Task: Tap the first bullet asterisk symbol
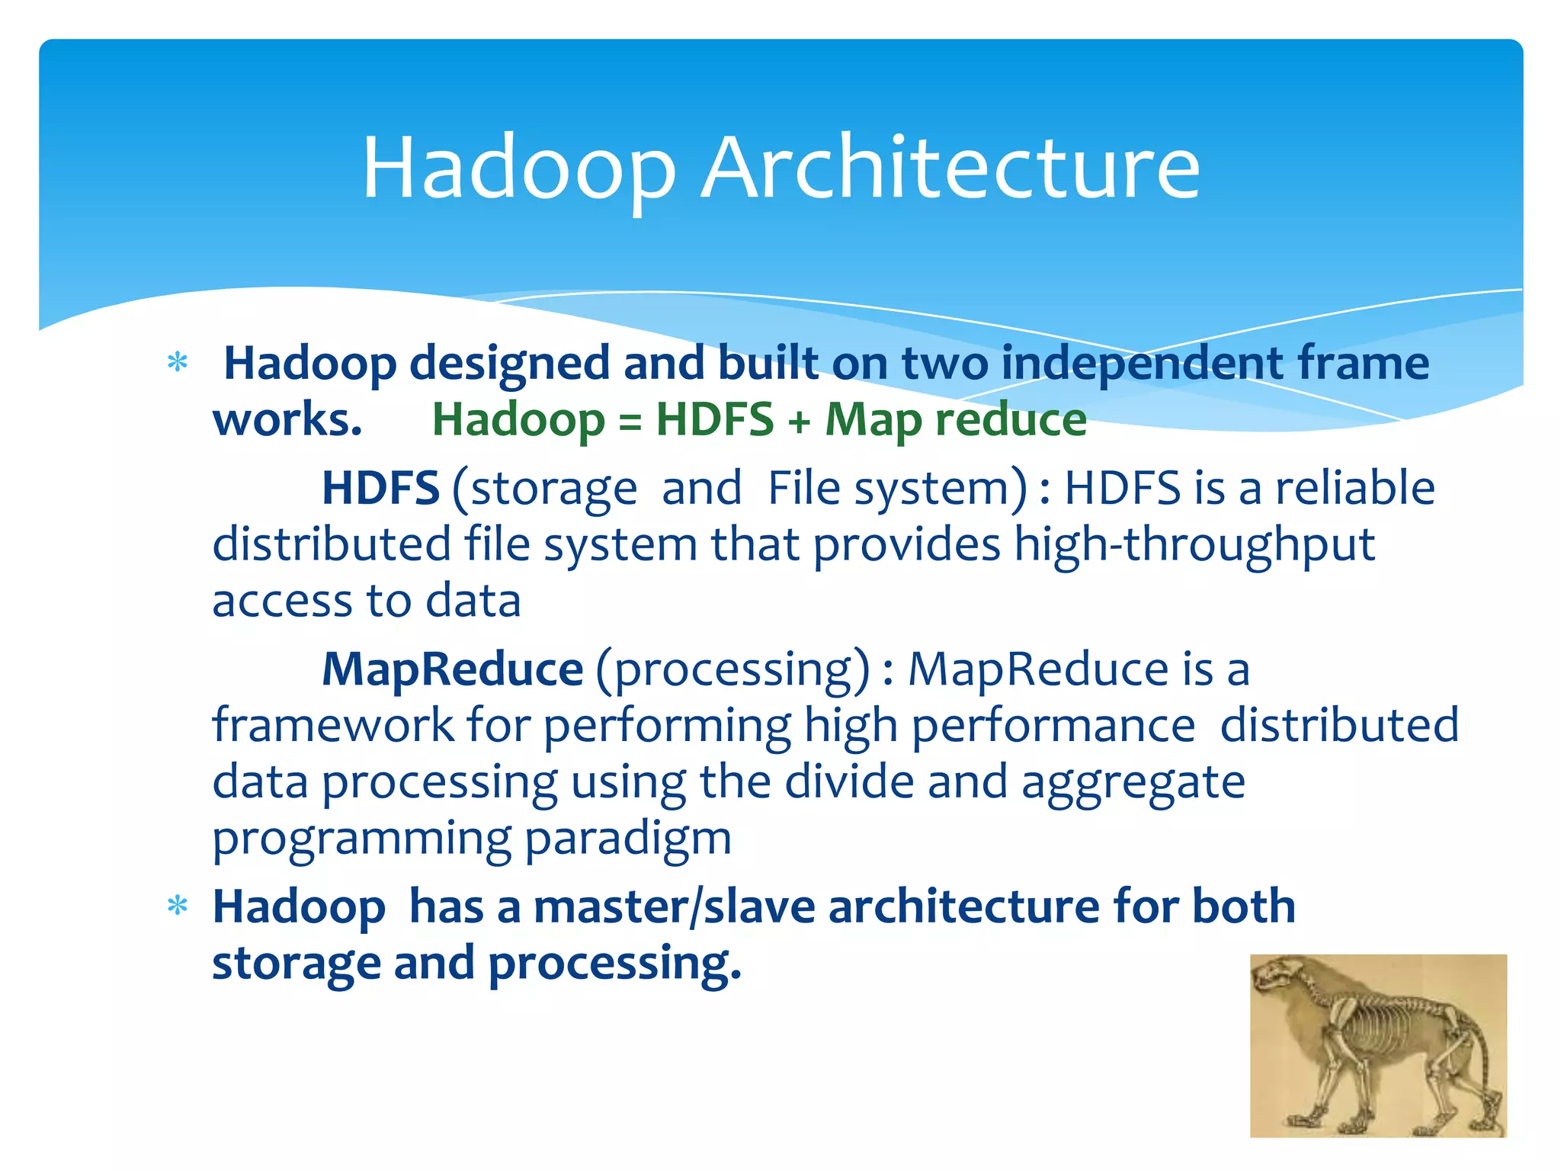(178, 364)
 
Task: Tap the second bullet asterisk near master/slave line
(178, 906)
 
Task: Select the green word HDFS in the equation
(715, 419)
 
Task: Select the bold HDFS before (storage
(380, 488)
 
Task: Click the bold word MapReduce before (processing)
(452, 669)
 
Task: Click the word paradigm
(628, 839)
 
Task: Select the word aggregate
(1133, 783)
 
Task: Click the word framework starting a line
(333, 725)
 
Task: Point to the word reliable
(1354, 488)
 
